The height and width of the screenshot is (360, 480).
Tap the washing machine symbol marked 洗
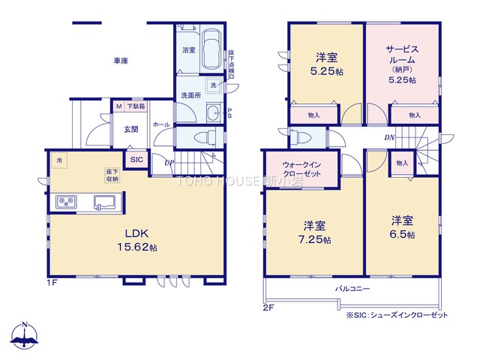pos(213,85)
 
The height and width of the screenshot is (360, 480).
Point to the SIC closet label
pos(136,160)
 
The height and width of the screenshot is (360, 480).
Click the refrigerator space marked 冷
pos(59,160)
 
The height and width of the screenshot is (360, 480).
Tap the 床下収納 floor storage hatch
pos(112,175)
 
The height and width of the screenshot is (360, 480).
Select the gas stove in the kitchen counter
pos(66,202)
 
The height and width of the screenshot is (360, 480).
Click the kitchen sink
pos(105,202)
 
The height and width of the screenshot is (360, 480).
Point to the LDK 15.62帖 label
pos(137,240)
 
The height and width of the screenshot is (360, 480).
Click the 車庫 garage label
pos(121,61)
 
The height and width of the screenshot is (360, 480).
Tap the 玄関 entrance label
pos(131,130)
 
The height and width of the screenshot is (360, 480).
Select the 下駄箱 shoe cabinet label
pos(136,106)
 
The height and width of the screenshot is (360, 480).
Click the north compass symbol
pos(25,335)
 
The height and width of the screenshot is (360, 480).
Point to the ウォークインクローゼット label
pos(301,169)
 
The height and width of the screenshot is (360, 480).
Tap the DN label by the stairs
pos(389,138)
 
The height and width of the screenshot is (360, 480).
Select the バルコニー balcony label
pos(352,289)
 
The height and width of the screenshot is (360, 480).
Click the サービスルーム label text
pos(402,54)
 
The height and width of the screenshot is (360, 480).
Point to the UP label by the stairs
pos(169,163)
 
